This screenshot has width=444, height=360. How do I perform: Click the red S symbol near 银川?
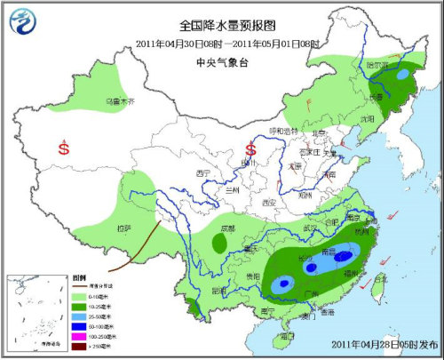(x=250, y=148)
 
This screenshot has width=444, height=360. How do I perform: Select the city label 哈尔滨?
(x=377, y=65)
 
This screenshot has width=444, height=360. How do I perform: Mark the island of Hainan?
(x=286, y=337)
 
